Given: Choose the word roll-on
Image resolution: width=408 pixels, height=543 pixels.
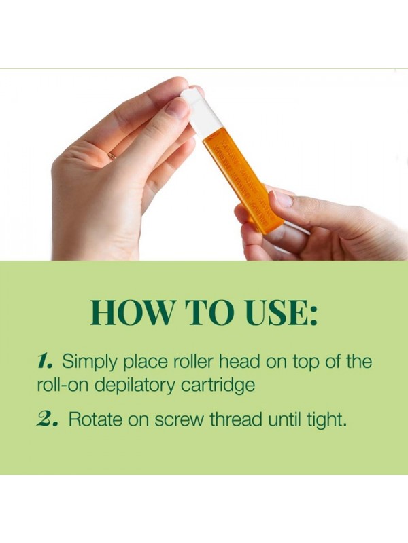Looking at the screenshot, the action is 63,385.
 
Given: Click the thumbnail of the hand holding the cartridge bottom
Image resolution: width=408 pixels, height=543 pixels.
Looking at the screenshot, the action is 282,199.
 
